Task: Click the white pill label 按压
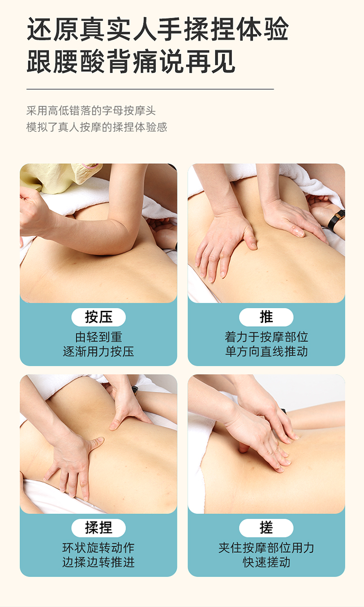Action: click(x=99, y=317)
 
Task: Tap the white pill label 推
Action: click(x=266, y=317)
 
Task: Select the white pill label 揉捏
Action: click(x=99, y=528)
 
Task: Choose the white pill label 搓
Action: click(x=266, y=528)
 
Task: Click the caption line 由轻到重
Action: click(x=99, y=337)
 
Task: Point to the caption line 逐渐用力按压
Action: click(x=99, y=351)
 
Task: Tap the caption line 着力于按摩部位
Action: click(x=266, y=337)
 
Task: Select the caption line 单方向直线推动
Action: click(x=266, y=351)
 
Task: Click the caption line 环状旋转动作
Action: click(x=99, y=548)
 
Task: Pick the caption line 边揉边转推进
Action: click(x=99, y=562)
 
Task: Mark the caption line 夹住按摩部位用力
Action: click(x=266, y=548)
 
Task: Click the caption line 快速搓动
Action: click(x=266, y=562)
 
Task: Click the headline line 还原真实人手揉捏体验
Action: click(x=158, y=29)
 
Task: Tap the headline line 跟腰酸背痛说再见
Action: click(x=131, y=61)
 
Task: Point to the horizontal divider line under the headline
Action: click(x=150, y=89)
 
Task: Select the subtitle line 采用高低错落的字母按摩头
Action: click(x=91, y=111)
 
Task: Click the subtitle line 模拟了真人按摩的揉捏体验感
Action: click(x=97, y=127)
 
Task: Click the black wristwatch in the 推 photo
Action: click(x=336, y=219)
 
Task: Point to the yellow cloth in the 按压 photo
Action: click(x=58, y=177)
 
